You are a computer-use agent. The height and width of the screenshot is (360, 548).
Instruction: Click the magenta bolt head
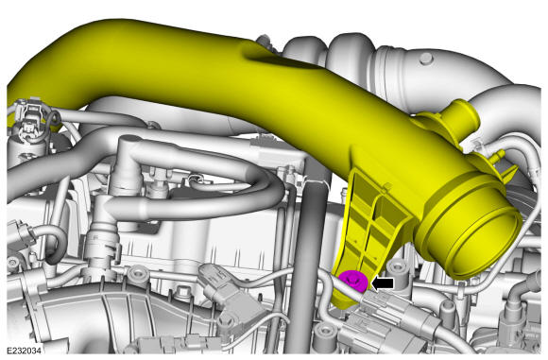pyautogui.click(x=353, y=281)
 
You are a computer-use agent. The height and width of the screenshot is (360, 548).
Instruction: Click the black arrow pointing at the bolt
pyautogui.click(x=383, y=283)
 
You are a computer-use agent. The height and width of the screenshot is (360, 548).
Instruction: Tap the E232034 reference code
pyautogui.click(x=24, y=351)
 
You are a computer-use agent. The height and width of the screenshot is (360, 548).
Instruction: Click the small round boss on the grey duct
pyautogui.click(x=426, y=59)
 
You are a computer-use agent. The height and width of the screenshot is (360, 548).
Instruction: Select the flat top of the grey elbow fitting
pyautogui.click(x=130, y=141)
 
